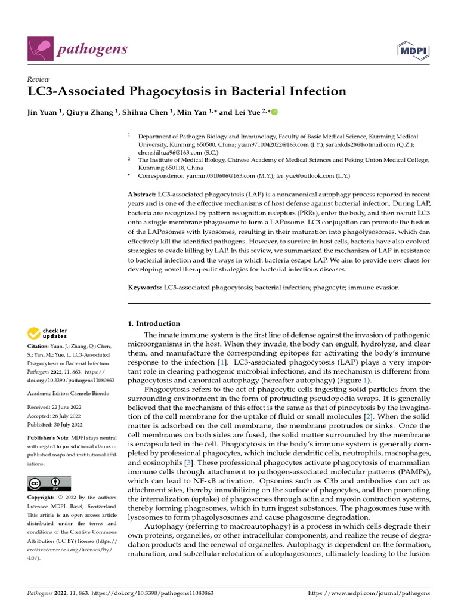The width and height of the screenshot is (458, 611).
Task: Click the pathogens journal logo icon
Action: click(x=40, y=48)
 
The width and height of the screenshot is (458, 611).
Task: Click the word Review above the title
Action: click(x=39, y=79)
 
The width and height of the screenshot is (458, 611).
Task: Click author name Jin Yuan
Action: click(x=45, y=112)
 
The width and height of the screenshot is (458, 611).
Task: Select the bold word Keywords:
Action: click(x=145, y=287)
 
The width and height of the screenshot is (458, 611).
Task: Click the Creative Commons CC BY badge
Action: click(x=49, y=483)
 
